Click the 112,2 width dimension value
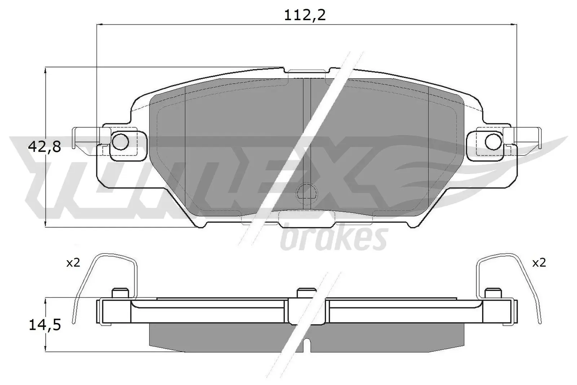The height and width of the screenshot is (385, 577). [305, 15]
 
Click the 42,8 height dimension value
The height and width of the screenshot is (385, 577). [44, 147]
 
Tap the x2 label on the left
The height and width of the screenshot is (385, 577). [73, 263]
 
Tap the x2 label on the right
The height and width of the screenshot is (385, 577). [539, 263]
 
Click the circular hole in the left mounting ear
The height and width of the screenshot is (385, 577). [120, 141]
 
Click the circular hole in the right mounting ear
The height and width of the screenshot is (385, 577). [493, 141]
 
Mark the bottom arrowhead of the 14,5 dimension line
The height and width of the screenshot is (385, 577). [45, 349]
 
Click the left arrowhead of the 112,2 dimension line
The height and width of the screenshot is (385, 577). [100, 24]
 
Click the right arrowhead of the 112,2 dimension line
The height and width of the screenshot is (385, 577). [514, 24]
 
